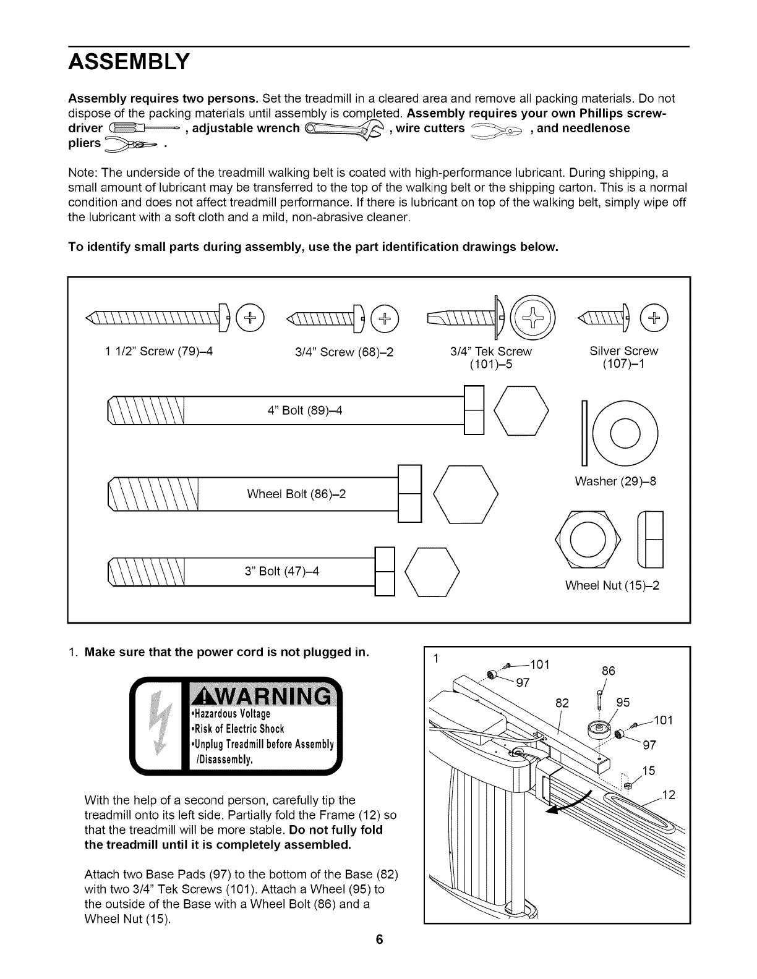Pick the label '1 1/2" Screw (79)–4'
point(158,351)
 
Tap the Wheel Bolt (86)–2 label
point(296,494)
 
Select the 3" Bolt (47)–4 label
point(281,571)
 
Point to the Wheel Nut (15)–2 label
point(612,585)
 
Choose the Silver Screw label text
point(623,351)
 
